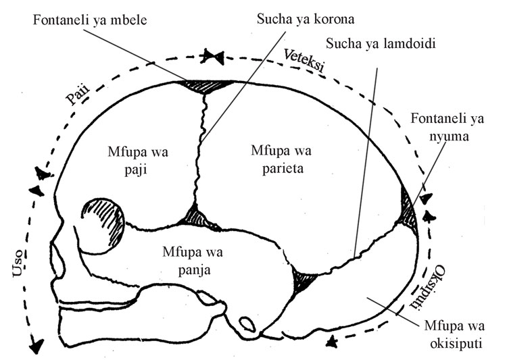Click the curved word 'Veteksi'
click(306, 61)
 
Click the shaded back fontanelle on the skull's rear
click(410, 206)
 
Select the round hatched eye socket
click(104, 222)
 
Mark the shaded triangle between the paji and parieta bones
click(197, 217)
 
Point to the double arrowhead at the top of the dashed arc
click(214, 57)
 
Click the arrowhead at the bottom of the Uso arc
click(34, 346)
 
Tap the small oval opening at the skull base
click(247, 326)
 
